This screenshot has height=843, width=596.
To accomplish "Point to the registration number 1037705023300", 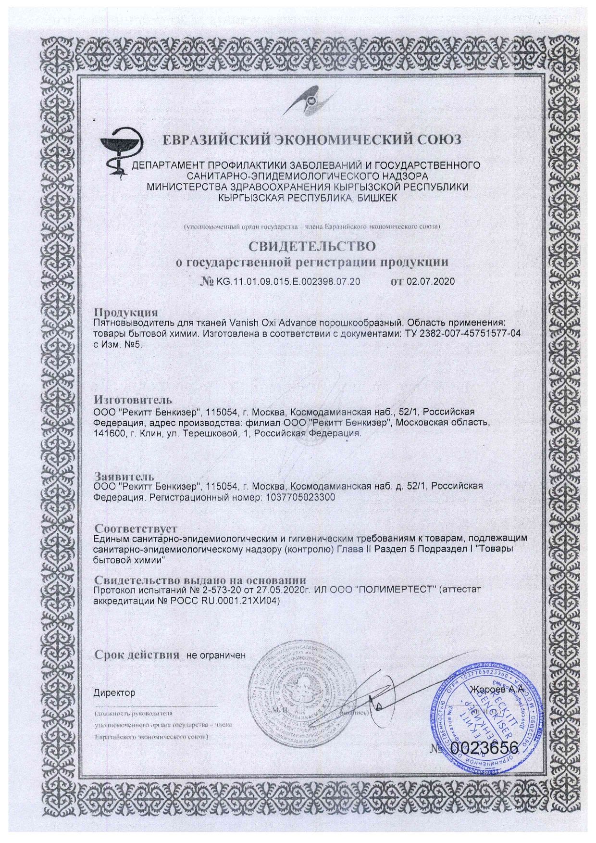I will point(299,497).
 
